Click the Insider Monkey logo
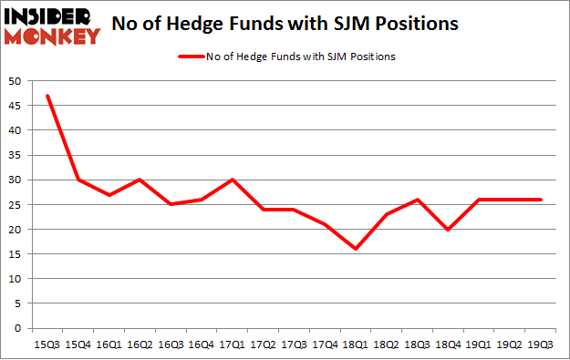[53, 26]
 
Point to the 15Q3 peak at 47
[47, 96]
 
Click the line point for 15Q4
[78, 180]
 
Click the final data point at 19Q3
[543, 200]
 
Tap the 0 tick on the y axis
[19, 328]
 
